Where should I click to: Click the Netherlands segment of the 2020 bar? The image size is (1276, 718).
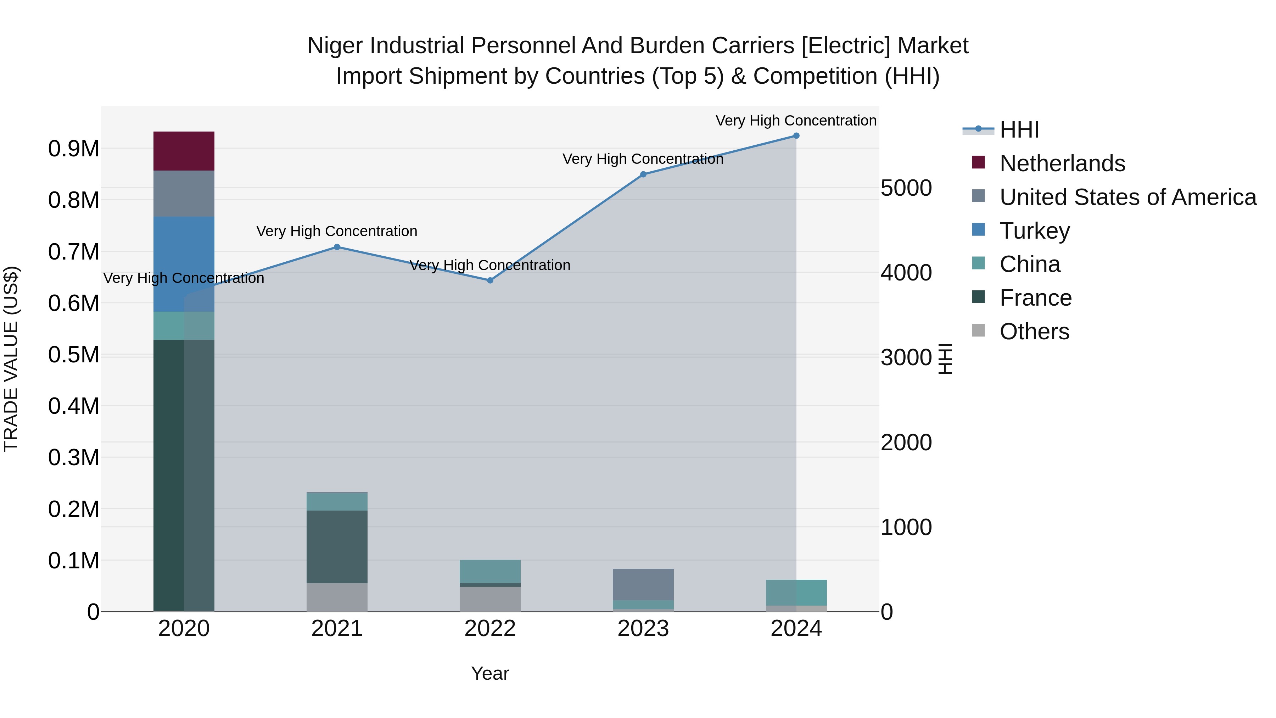(x=184, y=151)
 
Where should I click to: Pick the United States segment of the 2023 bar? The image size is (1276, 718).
(x=643, y=584)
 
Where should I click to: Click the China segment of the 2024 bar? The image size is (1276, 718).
(x=796, y=592)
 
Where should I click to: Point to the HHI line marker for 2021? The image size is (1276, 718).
(x=337, y=247)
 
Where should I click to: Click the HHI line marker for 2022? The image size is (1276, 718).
(x=490, y=280)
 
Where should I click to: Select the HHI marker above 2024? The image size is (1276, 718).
(x=796, y=136)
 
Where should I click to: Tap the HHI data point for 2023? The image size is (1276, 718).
(x=643, y=174)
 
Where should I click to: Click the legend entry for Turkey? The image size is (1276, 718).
(x=1034, y=231)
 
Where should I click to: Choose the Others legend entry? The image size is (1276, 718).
(x=1034, y=332)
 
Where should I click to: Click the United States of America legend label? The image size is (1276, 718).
(x=1127, y=197)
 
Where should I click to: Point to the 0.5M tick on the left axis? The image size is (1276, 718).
(x=73, y=355)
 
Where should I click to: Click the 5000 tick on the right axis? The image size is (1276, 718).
(x=906, y=188)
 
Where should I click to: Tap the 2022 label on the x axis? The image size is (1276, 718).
(x=490, y=629)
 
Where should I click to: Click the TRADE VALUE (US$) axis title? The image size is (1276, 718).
(x=11, y=359)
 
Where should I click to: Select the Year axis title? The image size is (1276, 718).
(x=490, y=673)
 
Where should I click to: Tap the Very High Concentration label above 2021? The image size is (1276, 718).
(x=337, y=232)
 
